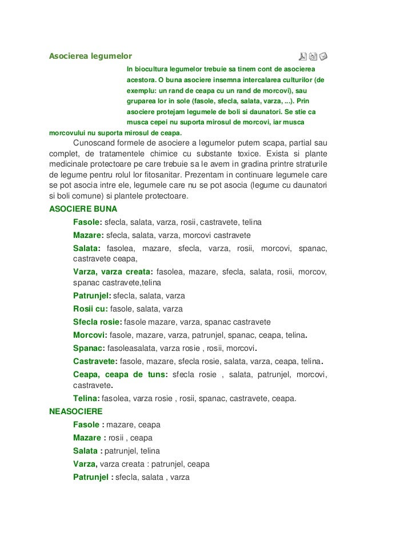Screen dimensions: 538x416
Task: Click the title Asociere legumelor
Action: point(90,56)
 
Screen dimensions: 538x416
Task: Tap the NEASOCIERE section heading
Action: point(76,411)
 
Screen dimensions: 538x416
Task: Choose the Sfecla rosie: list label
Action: point(98,322)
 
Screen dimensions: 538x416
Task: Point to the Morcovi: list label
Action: point(90,335)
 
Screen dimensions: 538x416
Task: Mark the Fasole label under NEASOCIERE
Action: point(86,425)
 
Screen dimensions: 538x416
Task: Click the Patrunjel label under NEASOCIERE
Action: point(91,477)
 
